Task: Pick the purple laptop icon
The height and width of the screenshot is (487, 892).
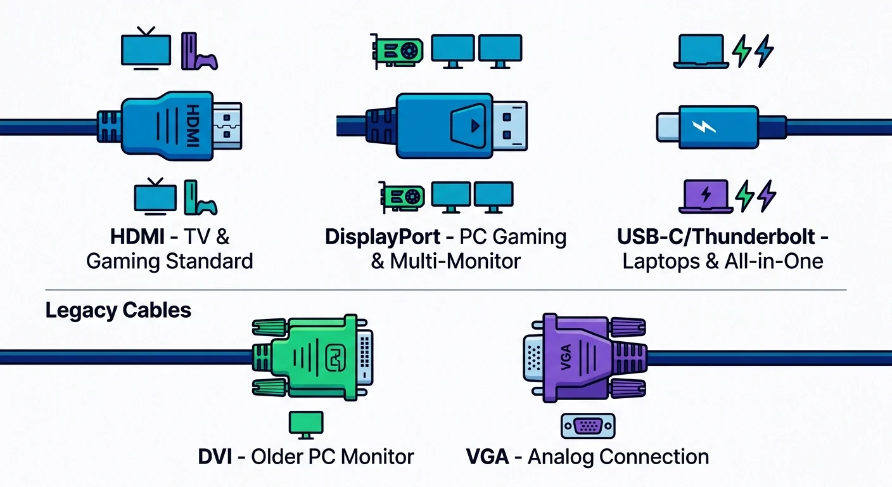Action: tap(705, 195)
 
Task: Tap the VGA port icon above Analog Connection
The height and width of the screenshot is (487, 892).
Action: tap(588, 426)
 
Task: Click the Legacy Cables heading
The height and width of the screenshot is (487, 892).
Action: tap(118, 311)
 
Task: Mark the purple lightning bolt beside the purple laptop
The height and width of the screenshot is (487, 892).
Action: tap(766, 195)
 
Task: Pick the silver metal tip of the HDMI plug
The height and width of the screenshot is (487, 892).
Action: tap(226, 126)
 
